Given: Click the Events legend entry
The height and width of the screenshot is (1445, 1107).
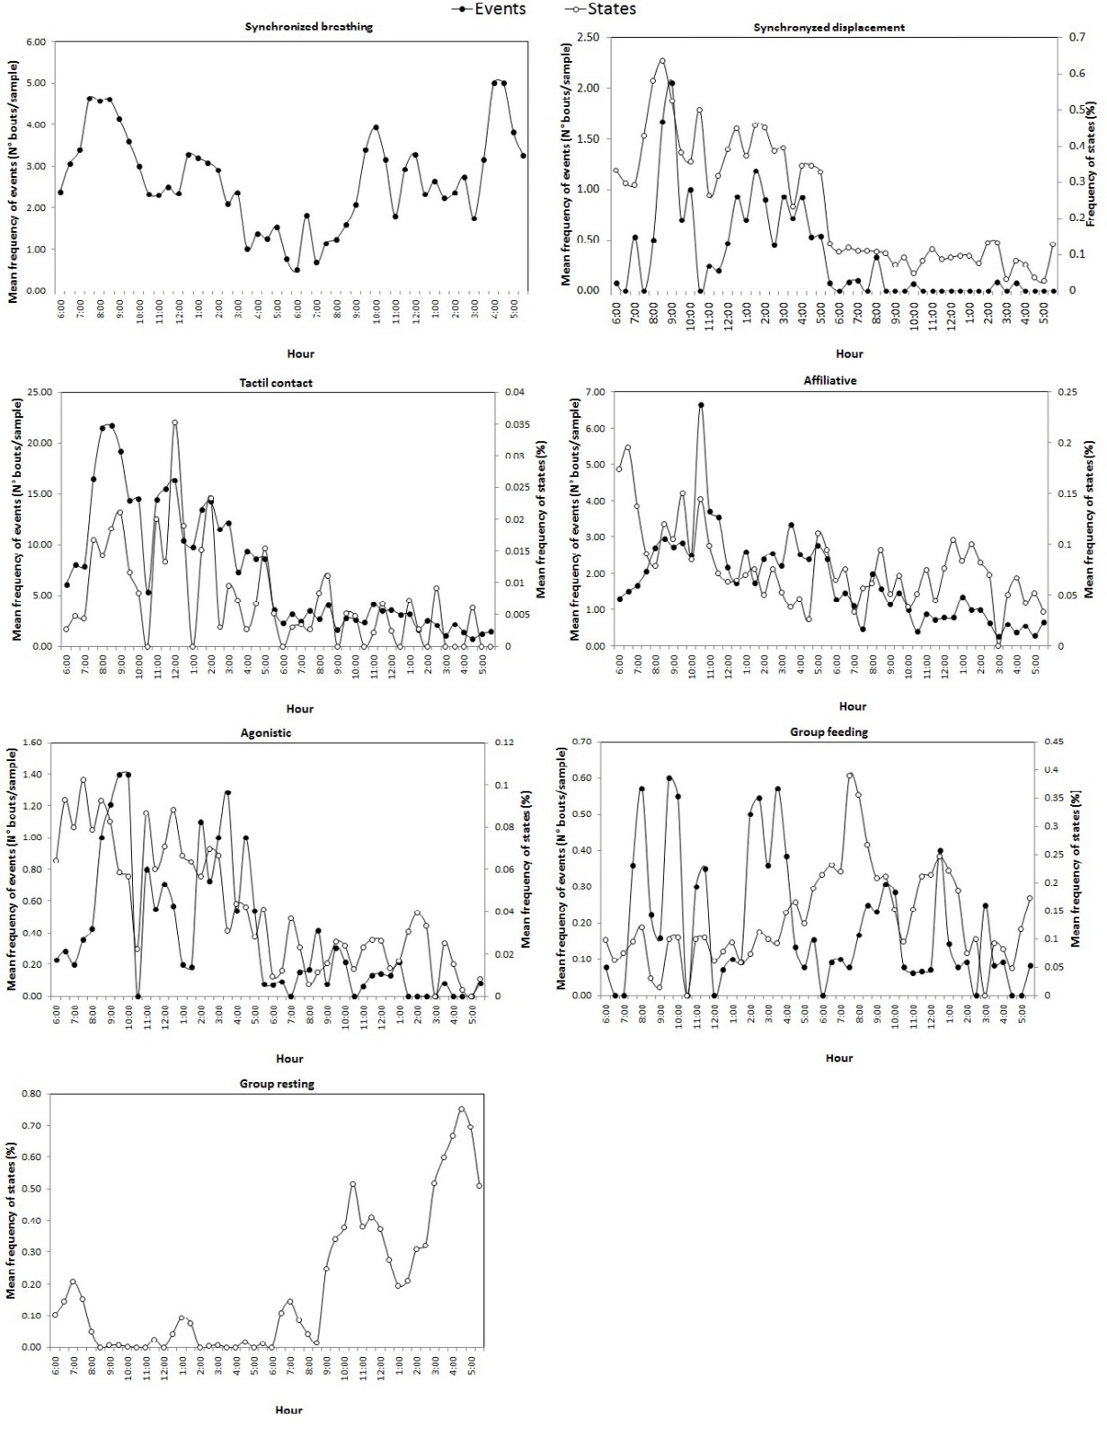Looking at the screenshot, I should pyautogui.click(x=500, y=9).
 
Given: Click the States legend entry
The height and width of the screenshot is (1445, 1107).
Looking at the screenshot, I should pyautogui.click(x=611, y=9).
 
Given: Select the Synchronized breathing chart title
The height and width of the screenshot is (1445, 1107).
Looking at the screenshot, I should pyautogui.click(x=308, y=27).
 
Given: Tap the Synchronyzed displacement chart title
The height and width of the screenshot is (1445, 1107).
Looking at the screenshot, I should pyautogui.click(x=828, y=27).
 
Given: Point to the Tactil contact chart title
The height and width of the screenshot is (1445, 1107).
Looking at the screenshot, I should pyautogui.click(x=276, y=383).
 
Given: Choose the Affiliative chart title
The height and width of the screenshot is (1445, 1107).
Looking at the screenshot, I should pyautogui.click(x=829, y=381).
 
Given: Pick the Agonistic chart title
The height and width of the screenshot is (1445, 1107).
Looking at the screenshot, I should pyautogui.click(x=266, y=733).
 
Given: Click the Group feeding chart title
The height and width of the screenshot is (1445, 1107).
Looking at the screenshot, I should pyautogui.click(x=828, y=732).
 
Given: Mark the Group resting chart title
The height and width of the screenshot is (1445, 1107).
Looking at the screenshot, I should pyautogui.click(x=277, y=1084).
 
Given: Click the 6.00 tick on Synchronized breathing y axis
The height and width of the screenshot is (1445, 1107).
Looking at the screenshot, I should pyautogui.click(x=35, y=42).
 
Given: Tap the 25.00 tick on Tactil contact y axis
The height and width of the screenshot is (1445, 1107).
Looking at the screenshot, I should pyautogui.click(x=40, y=393).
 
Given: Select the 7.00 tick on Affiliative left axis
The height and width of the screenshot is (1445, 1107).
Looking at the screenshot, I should pyautogui.click(x=594, y=393).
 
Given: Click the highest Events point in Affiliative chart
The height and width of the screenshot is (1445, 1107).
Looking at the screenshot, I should pyautogui.click(x=701, y=405).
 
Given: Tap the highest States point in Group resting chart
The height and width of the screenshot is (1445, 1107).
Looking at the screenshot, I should pyautogui.click(x=462, y=1109).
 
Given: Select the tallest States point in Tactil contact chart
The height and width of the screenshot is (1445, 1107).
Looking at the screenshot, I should pyautogui.click(x=174, y=422).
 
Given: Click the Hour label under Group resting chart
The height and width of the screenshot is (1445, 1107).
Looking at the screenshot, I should pyautogui.click(x=288, y=1410).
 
